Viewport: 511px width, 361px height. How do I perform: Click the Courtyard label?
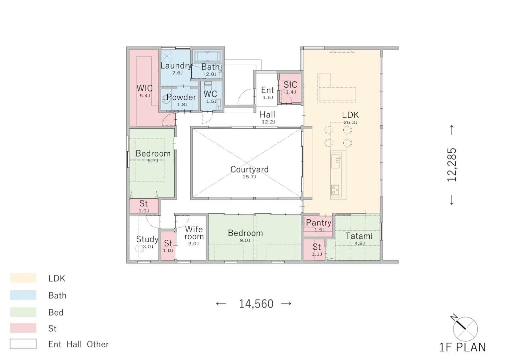(x=249, y=169)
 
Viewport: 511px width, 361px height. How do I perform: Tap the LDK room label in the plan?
(x=350, y=115)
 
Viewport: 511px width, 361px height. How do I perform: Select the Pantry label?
(x=318, y=223)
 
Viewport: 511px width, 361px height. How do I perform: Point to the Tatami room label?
(x=359, y=236)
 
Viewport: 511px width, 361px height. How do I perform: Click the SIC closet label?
(x=290, y=85)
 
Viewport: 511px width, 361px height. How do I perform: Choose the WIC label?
(x=144, y=88)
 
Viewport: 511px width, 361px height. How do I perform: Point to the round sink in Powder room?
(x=165, y=99)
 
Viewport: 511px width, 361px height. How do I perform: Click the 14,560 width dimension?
(x=256, y=304)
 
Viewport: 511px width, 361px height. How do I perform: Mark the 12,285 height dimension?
(x=452, y=165)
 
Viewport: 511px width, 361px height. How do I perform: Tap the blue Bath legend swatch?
(x=23, y=295)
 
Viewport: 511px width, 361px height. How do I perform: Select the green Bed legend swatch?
(x=23, y=312)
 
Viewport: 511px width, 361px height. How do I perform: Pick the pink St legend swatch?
(x=23, y=328)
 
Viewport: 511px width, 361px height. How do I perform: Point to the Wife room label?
(x=194, y=233)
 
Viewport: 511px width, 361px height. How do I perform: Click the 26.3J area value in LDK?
(x=350, y=122)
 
